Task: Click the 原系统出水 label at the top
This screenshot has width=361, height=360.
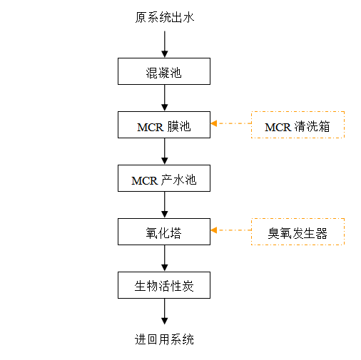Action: pos(165,17)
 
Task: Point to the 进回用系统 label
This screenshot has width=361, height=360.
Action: pos(164,339)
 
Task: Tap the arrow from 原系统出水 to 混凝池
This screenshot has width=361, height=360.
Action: pos(165,44)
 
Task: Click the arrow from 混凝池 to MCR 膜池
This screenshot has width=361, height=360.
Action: pos(165,98)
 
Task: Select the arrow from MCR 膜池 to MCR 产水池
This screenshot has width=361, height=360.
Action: pos(165,151)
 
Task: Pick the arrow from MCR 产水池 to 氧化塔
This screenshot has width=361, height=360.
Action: pos(165,205)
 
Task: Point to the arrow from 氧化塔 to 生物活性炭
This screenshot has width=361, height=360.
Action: pos(165,258)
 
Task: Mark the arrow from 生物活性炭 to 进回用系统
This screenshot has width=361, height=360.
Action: pos(165,312)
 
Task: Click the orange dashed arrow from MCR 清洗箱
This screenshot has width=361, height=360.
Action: pos(231,123)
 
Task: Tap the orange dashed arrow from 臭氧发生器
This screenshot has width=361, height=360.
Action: pos(231,230)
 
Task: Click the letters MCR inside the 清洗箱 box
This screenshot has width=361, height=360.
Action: pos(278,128)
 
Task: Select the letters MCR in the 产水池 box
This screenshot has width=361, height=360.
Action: pos(144,181)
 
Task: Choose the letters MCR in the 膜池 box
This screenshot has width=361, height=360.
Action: pos(150,128)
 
